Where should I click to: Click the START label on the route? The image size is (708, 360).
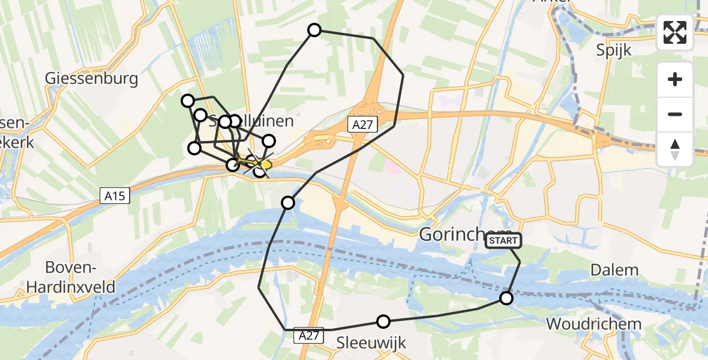coord(503,241)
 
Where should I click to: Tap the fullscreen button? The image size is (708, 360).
coord(675,32)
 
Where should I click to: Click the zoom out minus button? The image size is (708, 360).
coord(675,114)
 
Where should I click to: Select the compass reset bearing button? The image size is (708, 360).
coord(675,149)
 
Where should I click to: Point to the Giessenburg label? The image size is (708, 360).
coord(92,79)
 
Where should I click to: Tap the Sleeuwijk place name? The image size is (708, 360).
coord(371,343)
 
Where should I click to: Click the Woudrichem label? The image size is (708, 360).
coord(593,324)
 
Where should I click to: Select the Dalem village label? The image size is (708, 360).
coord(614,270)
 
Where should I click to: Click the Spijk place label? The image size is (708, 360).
coord(614,50)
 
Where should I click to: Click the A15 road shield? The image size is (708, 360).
coord(113,195)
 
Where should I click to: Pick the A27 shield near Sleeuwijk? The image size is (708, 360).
coord(310,337)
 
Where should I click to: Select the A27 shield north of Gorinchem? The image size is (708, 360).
coord(360,124)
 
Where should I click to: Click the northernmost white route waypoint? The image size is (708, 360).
coord(314,30)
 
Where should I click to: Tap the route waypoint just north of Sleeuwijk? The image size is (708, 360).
coord(383,322)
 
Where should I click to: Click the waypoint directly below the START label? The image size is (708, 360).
coord(506,298)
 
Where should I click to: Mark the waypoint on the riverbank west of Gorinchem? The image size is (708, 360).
coord(288,203)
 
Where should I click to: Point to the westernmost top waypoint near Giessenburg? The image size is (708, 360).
coord(188,101)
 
